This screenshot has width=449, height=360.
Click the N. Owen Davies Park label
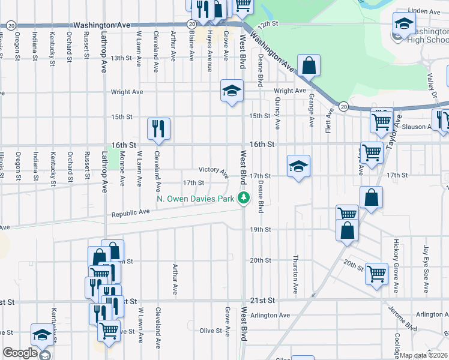click(x=195, y=198)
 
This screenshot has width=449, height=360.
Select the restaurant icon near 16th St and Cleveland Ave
click(x=159, y=128)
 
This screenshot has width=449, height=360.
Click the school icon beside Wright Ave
click(x=232, y=91)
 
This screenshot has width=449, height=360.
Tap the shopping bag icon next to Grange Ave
click(x=309, y=66)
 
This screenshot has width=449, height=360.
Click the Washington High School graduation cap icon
click(x=404, y=25)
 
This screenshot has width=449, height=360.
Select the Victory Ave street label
click(x=214, y=172)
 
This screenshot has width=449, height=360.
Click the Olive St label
click(x=211, y=331)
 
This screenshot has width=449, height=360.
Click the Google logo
click(x=19, y=353)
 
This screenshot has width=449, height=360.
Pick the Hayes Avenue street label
click(x=209, y=52)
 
